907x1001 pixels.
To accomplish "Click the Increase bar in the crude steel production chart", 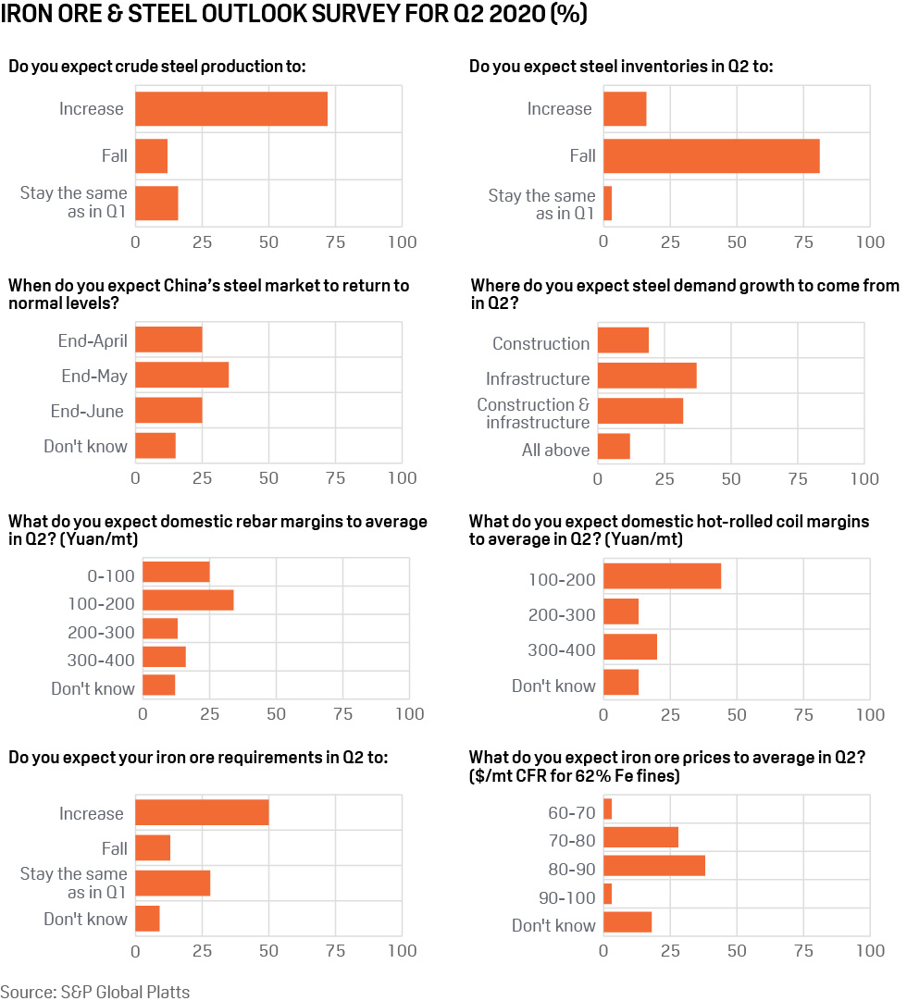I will (231, 109).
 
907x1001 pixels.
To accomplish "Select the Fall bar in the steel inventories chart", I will (711, 155).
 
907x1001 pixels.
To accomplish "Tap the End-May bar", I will (181, 375).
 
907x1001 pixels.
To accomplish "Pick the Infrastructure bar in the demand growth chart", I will (647, 376).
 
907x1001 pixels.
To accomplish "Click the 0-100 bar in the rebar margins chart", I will (176, 573).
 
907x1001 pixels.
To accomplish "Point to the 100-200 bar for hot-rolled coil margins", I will (662, 576).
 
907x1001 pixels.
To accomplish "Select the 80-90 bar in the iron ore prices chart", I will (654, 866).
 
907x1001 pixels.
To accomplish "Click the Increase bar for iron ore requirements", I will (202, 812).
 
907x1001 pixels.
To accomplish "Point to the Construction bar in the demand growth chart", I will (623, 340).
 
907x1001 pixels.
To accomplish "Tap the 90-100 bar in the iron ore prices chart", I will (607, 894).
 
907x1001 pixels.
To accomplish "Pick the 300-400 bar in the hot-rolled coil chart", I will (630, 648).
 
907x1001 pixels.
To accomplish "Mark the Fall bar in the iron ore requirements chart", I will (153, 847).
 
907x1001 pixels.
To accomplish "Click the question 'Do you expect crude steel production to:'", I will (157, 67).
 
